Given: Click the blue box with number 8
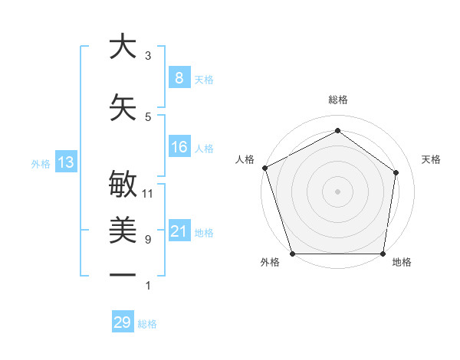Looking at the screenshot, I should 179,77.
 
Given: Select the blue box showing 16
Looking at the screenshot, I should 179,147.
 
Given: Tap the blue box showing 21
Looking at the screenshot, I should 179,231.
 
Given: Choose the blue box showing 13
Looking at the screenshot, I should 65,162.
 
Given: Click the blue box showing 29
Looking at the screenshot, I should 122,322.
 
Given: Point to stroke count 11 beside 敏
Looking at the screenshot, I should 148,193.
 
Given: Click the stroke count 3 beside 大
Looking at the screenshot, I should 148,56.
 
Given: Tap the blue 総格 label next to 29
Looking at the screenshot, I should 147,324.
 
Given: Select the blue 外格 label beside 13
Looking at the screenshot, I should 40,163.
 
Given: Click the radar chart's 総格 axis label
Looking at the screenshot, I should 337,100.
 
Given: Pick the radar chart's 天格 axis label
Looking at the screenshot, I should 432,159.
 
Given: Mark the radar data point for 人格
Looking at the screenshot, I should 264,168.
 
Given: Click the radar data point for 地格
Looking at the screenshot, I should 383,254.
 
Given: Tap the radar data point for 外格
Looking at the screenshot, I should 293,254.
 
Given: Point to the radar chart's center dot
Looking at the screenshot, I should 337,191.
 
